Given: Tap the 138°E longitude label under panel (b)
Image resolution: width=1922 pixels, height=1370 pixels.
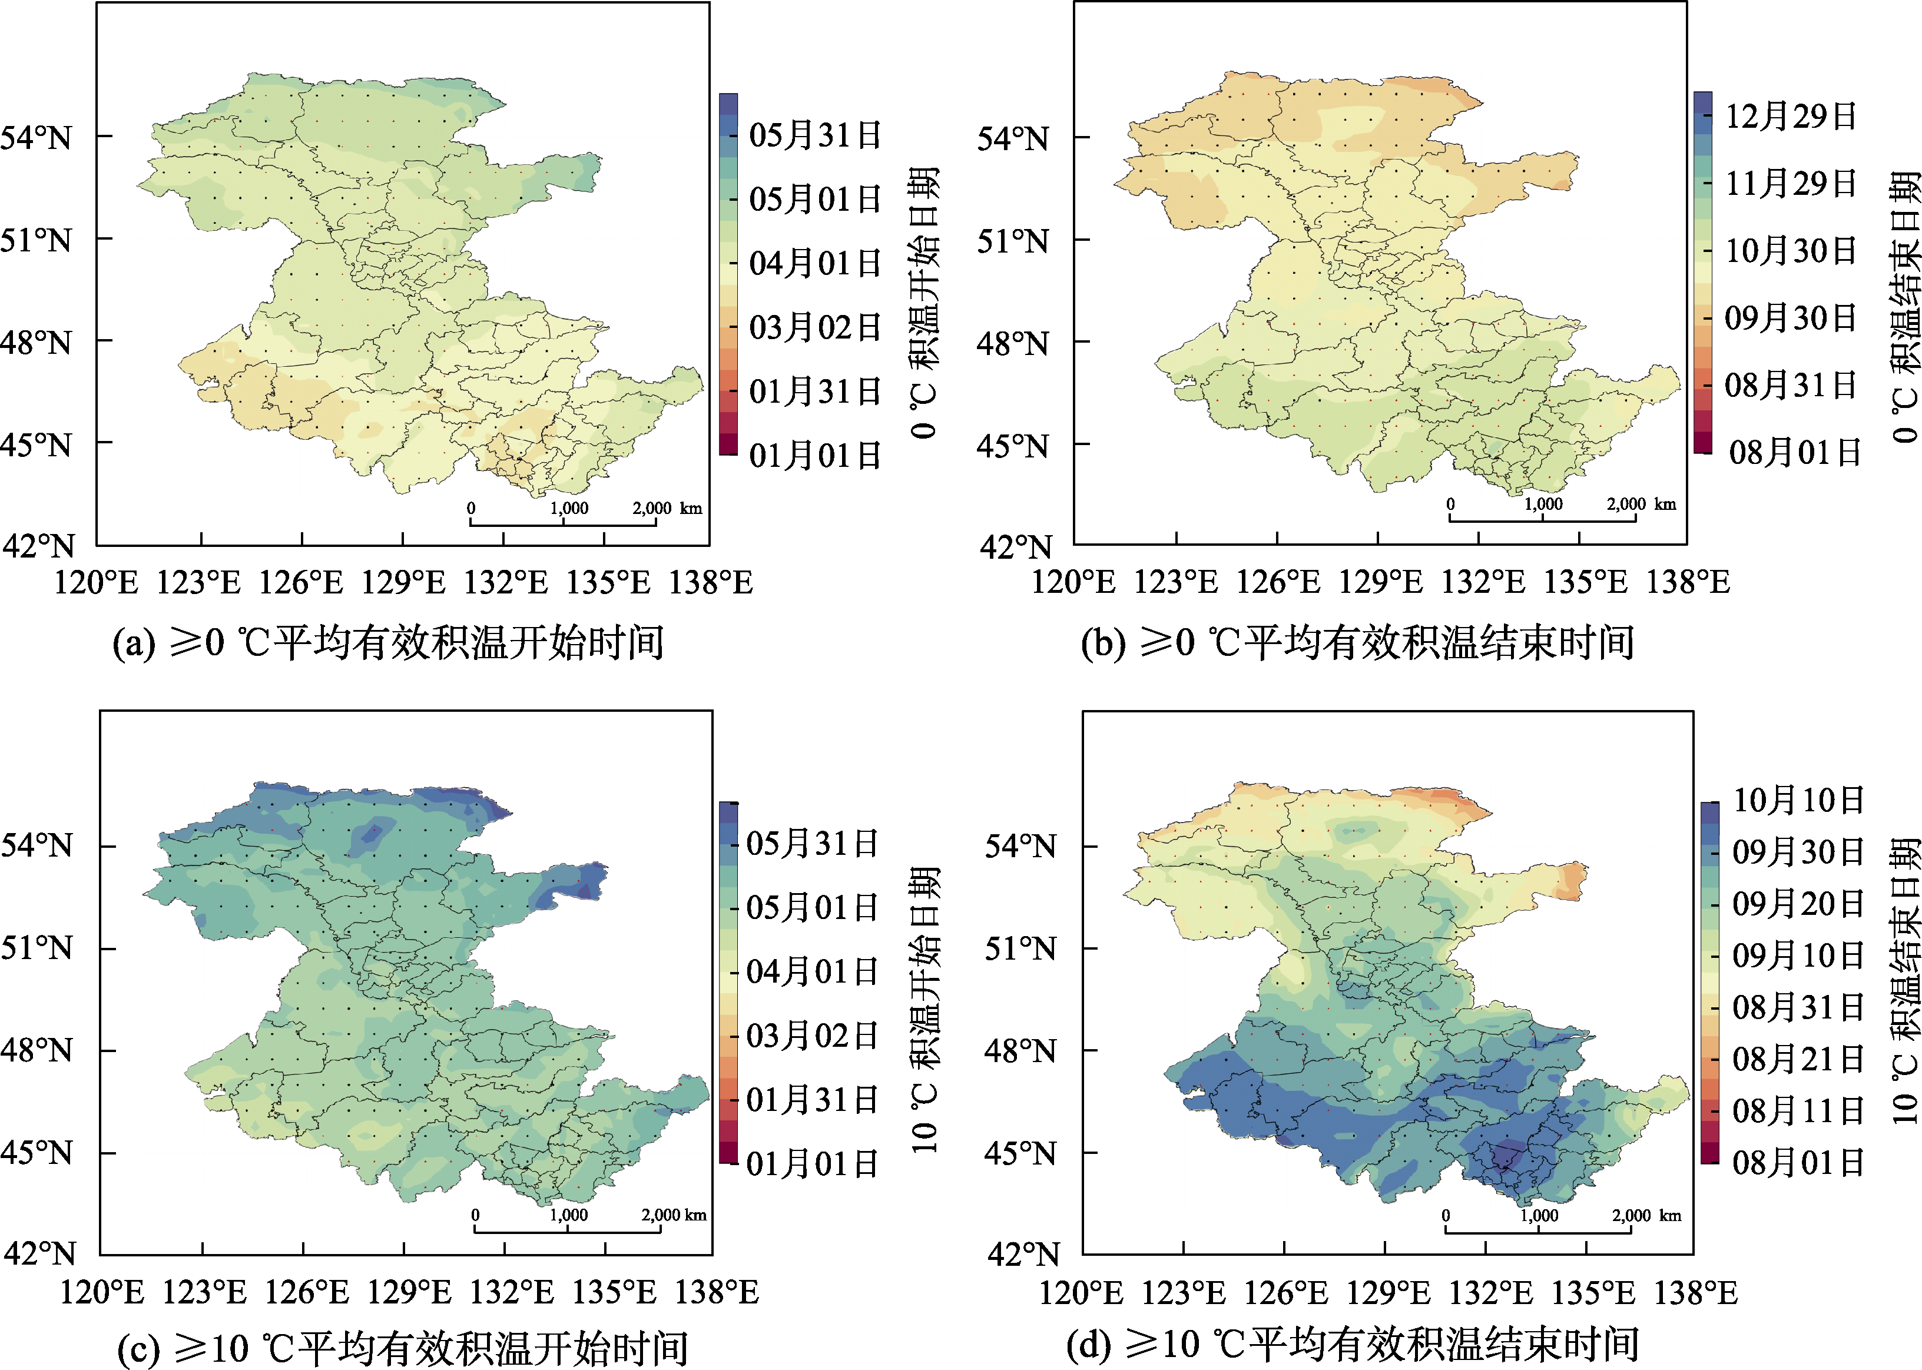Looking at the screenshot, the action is click(x=1688, y=582).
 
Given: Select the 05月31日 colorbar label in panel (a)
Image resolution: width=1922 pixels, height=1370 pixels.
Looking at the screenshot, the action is click(x=815, y=135).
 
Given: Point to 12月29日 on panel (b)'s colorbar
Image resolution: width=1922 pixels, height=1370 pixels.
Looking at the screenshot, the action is click(x=1790, y=115).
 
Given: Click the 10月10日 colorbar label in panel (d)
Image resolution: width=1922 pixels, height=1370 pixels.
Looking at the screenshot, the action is click(x=1798, y=800).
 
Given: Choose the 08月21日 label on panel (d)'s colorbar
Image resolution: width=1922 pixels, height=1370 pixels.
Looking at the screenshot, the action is click(x=1798, y=1059).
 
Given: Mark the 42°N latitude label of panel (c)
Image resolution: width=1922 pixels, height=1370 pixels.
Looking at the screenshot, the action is click(x=39, y=1253).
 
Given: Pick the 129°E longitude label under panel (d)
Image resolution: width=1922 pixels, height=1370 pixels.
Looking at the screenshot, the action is click(x=1388, y=1292).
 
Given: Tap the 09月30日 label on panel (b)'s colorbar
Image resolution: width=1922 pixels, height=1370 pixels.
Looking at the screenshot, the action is click(x=1790, y=318).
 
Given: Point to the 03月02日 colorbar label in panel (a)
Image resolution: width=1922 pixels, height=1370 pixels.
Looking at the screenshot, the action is click(x=815, y=327).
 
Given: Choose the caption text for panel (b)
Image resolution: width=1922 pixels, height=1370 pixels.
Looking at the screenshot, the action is click(x=1357, y=643).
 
